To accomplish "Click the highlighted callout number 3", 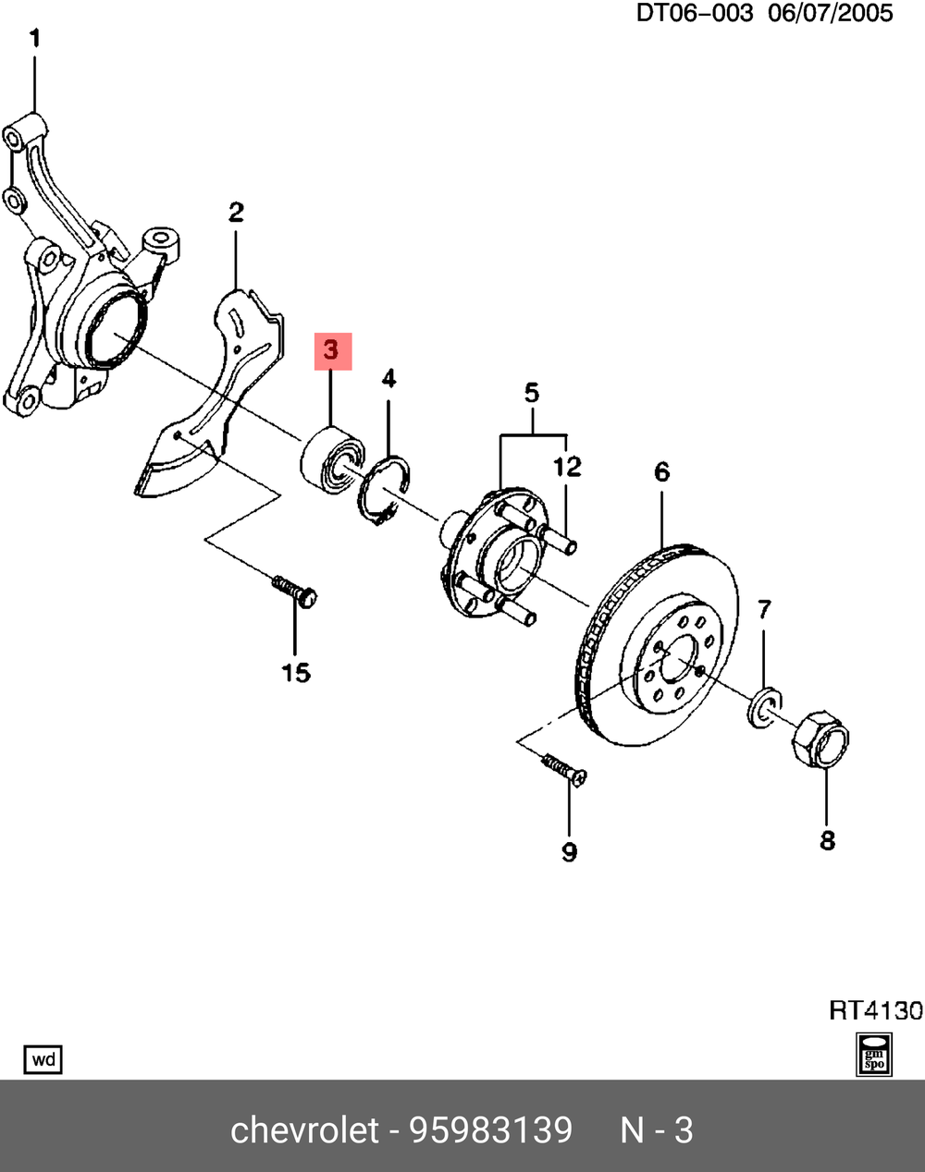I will pos(332,351).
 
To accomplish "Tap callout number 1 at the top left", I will pos(35,40).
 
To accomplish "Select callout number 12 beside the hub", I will pos(567,467).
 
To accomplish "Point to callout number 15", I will pos(296,672).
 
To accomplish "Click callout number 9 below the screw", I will pos(569,850).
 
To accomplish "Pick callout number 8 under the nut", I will pos(827,839).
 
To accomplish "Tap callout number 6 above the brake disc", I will pos(661,472).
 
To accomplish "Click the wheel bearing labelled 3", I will pos(331,458).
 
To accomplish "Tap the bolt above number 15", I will pos(295,591).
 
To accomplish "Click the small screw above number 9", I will pos(563,769).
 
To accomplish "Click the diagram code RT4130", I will pos(875,1009).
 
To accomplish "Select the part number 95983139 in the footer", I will pos(491,1129).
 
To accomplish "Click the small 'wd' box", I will pos(43,1059).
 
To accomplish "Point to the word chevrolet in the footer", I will pos(304,1129).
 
